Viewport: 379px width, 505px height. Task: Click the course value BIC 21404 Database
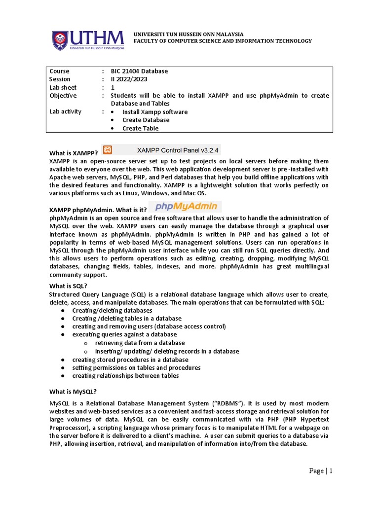point(139,71)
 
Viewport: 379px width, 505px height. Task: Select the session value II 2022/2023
point(129,79)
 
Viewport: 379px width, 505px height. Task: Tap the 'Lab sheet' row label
point(63,87)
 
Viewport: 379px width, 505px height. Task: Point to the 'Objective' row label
point(63,95)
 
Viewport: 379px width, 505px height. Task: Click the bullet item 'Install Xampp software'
point(155,112)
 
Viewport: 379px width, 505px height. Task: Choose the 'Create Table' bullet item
point(141,128)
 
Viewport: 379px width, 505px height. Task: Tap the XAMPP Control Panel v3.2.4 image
point(160,149)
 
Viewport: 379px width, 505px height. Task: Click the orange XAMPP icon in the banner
point(108,149)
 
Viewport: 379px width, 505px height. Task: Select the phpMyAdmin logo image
point(185,207)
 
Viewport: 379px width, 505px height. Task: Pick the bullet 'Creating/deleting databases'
point(112,311)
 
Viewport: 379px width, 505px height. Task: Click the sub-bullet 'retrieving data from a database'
point(140,343)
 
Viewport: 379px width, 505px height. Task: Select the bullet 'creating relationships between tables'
point(125,376)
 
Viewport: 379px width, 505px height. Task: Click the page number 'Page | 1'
point(321,471)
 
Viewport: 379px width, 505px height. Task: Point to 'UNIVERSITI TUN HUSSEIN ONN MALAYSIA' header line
point(189,34)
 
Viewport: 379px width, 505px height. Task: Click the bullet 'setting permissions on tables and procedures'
point(136,367)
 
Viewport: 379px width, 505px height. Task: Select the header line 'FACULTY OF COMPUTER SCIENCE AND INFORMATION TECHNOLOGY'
point(223,41)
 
